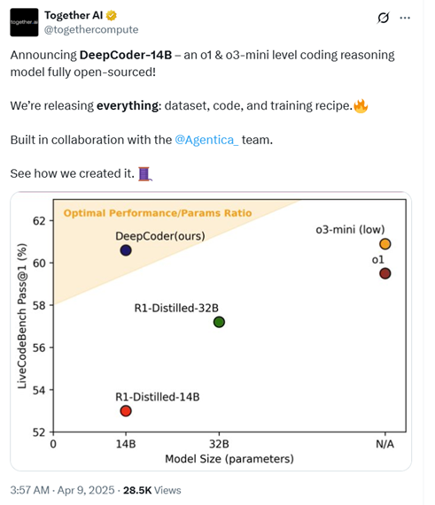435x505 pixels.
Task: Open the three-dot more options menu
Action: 405,17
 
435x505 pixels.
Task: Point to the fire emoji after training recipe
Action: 361,105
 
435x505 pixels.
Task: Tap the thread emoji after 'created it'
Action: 145,173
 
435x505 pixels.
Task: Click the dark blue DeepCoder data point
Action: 126,250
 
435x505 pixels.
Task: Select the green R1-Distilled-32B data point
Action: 219,321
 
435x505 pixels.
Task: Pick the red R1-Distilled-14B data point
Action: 126,410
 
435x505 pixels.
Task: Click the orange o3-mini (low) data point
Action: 385,244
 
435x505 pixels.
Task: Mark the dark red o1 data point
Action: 385,273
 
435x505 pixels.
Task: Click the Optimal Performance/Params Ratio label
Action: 157,213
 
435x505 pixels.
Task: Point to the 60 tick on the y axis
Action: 38,263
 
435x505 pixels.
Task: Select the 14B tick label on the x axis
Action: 125,444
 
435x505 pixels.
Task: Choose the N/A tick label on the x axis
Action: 385,444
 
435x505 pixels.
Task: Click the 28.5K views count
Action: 152,490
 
